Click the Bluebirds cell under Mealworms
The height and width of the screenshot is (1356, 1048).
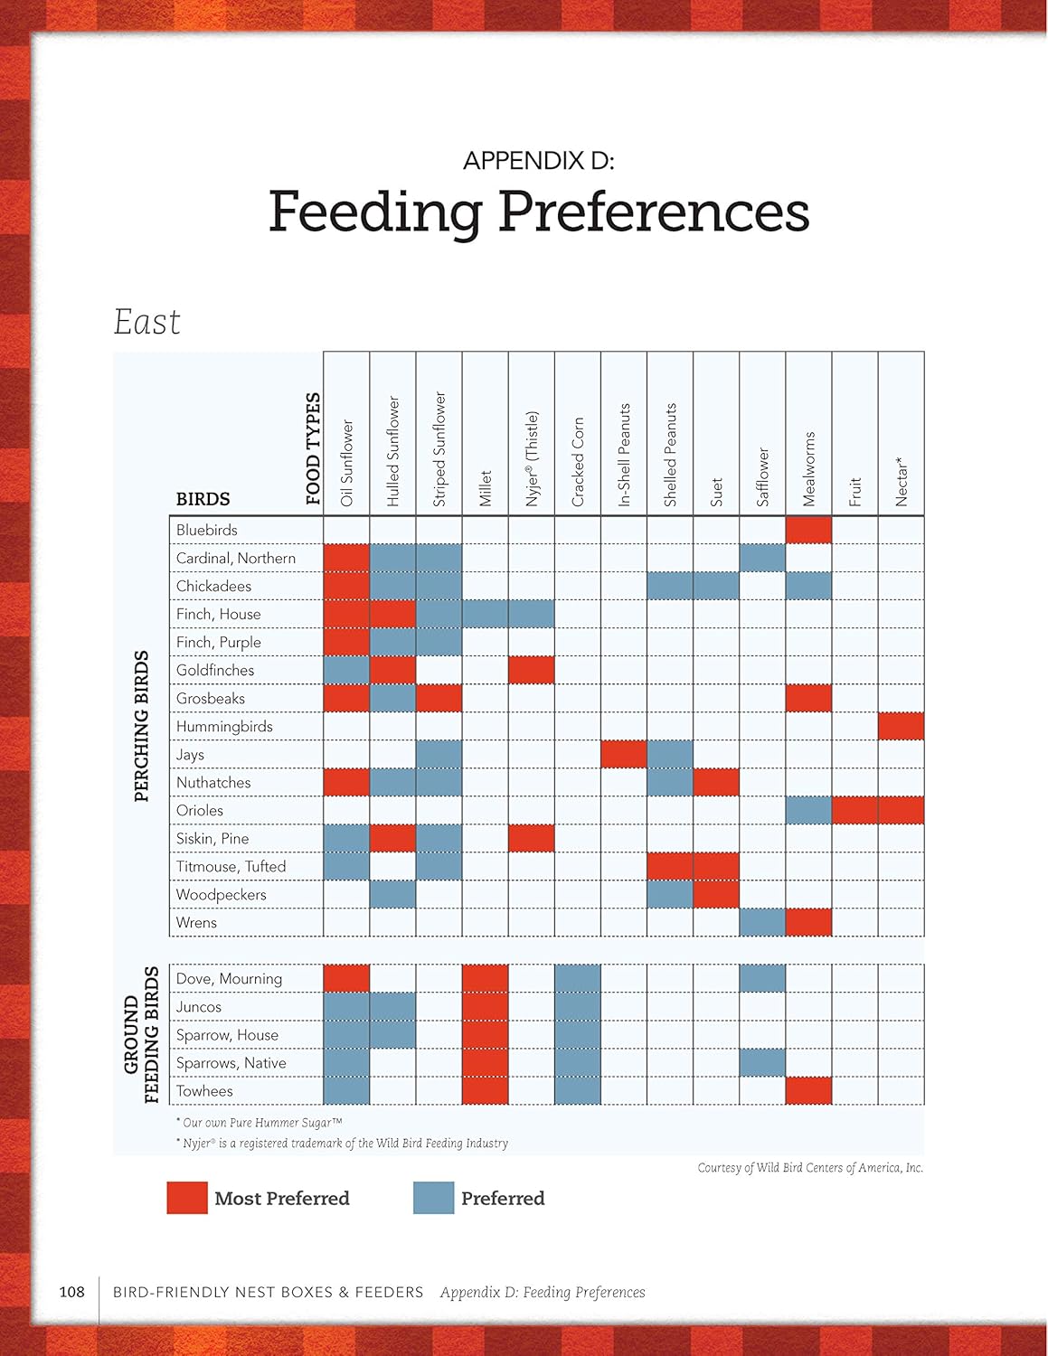click(x=808, y=530)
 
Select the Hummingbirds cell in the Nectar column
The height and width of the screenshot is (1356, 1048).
click(x=901, y=726)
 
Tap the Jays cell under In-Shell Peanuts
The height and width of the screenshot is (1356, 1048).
click(x=624, y=754)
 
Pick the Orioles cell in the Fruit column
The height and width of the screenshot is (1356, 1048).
click(x=854, y=810)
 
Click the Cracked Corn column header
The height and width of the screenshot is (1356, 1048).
click(x=578, y=461)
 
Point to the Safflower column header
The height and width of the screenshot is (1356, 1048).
click(x=762, y=476)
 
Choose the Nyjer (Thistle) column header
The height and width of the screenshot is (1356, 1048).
click(x=532, y=458)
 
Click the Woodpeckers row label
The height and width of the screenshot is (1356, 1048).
click(x=222, y=895)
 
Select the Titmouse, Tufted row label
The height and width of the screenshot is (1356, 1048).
click(x=231, y=867)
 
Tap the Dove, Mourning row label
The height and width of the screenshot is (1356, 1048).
click(x=229, y=979)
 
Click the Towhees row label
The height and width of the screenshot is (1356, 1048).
click(x=204, y=1091)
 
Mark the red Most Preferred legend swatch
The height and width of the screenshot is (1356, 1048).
click(x=187, y=1198)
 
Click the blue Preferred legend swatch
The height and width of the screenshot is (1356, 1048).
click(x=433, y=1198)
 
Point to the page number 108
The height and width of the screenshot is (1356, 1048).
click(x=71, y=1292)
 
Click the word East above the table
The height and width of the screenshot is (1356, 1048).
click(x=146, y=322)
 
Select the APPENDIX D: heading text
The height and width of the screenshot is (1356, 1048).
click(x=538, y=161)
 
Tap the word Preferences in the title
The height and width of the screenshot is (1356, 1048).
click(x=653, y=212)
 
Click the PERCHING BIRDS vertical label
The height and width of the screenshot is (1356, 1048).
click(x=141, y=726)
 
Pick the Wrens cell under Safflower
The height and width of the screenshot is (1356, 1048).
click(x=762, y=923)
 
